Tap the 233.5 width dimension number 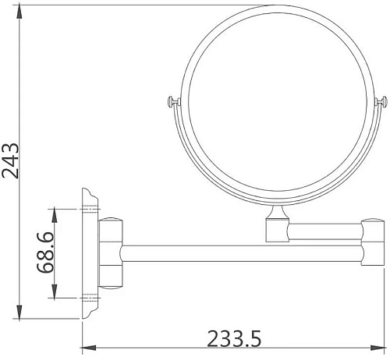coord(233,339)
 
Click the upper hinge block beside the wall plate coord(109,231)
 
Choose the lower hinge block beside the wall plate coord(109,275)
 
